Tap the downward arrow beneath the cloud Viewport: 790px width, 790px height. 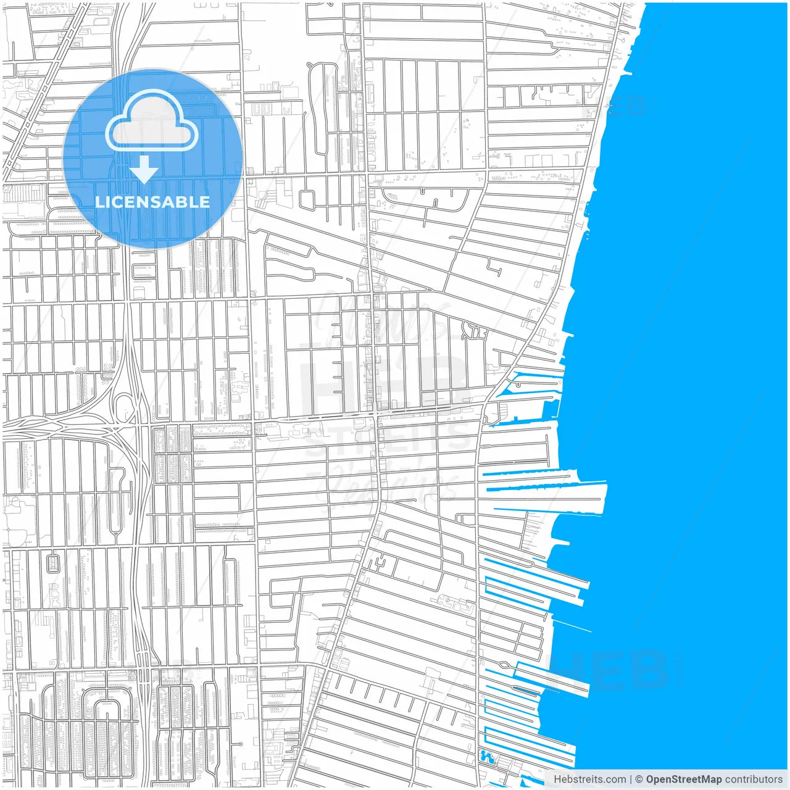point(144,170)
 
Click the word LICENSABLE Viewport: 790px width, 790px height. point(152,202)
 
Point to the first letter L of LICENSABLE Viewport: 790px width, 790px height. point(99,202)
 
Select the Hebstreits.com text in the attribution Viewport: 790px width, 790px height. point(589,780)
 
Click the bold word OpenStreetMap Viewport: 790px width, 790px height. point(683,780)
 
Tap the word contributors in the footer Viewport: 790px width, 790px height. point(754,780)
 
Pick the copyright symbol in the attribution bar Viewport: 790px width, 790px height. point(639,780)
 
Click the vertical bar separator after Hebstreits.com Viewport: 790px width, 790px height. point(631,780)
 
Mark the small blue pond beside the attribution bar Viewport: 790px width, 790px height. point(487,756)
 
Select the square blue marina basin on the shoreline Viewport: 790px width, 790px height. point(551,408)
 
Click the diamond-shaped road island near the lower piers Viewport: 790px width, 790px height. point(506,665)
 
